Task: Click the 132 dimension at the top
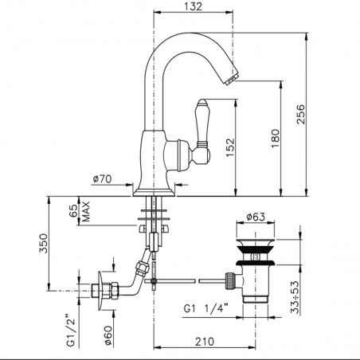(x=190, y=7)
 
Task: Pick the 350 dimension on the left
(x=45, y=241)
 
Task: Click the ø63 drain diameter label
(x=254, y=215)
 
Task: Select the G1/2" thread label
(x=72, y=331)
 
